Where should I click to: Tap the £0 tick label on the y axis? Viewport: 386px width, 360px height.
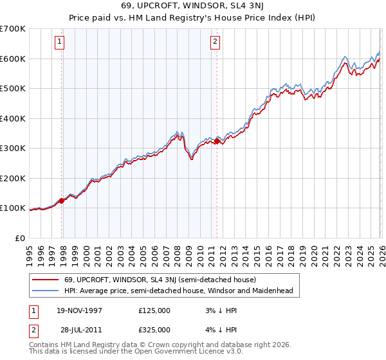point(21,238)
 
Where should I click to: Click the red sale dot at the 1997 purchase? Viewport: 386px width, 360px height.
point(62,201)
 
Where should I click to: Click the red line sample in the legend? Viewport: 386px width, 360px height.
point(45,280)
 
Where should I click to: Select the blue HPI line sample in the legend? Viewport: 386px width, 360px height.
point(45,291)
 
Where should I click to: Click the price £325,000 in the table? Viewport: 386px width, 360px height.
point(154,329)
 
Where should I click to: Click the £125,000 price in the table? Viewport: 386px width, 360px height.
point(154,310)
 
